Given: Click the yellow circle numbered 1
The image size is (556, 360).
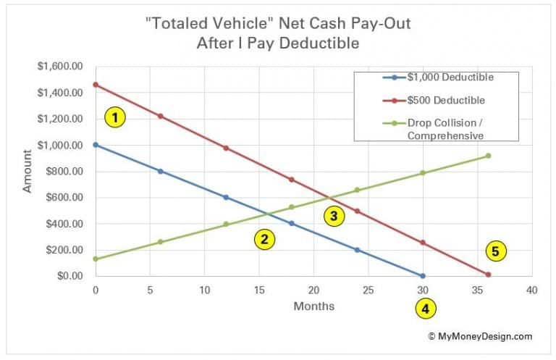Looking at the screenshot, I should (115, 117).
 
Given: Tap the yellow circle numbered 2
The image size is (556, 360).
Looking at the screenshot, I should (265, 240).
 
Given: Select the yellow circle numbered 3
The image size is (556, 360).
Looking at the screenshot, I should (334, 216).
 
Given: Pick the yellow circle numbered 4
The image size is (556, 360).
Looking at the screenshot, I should (425, 309).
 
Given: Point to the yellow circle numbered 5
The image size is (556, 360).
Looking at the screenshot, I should (496, 251).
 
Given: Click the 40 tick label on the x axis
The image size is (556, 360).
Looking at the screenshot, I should (531, 290).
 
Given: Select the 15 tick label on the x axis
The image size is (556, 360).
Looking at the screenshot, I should (258, 290).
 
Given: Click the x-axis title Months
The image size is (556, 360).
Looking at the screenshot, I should (313, 306).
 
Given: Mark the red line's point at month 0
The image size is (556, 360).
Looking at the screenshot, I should (96, 85).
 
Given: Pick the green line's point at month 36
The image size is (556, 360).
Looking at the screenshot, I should (488, 156).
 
